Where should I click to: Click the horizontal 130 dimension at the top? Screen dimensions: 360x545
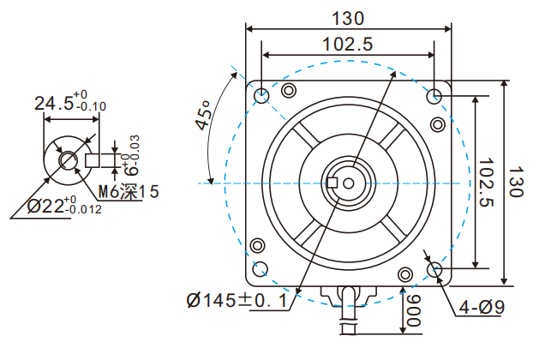click(x=349, y=18)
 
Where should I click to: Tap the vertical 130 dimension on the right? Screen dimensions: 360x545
click(x=516, y=183)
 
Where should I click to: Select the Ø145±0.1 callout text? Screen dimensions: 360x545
click(x=239, y=301)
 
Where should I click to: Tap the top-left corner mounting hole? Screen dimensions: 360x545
click(x=261, y=95)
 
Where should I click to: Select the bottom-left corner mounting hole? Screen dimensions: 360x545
click(x=261, y=269)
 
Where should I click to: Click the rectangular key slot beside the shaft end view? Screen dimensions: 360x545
click(x=96, y=159)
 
